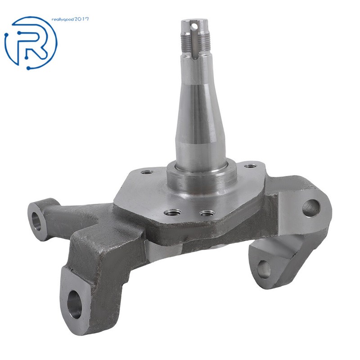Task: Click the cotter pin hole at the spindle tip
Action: [x=195, y=26]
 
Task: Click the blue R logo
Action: [x=31, y=42]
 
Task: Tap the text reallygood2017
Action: [x=70, y=19]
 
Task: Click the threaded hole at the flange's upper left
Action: [x=147, y=171]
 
